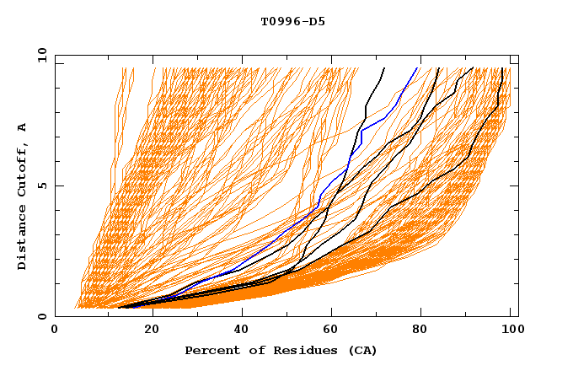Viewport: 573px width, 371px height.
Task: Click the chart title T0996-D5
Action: pos(286,21)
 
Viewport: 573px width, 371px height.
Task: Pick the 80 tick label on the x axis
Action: pos(426,331)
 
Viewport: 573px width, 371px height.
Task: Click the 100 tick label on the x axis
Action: pos(510,331)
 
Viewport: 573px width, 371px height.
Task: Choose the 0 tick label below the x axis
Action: pos(56,331)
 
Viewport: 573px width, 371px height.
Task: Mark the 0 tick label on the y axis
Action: pos(41,316)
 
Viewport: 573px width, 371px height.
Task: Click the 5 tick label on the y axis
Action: pos(41,185)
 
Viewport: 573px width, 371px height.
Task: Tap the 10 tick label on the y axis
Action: pos(39,54)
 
